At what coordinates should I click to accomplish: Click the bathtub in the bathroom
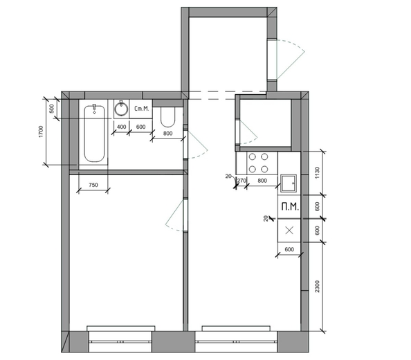(94, 134)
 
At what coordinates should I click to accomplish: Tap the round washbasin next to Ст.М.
(121, 109)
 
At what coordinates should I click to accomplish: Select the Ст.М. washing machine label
(142, 108)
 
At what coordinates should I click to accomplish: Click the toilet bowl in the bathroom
(167, 117)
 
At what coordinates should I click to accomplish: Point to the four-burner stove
(259, 163)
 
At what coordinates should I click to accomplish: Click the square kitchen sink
(289, 183)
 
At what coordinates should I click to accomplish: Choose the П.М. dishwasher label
(290, 207)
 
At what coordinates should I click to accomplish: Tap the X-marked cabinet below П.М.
(289, 231)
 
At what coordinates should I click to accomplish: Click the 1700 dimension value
(40, 132)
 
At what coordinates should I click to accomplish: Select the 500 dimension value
(52, 109)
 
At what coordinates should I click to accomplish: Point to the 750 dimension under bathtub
(93, 185)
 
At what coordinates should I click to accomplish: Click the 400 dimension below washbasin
(121, 127)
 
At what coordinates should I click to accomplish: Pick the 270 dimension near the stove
(241, 181)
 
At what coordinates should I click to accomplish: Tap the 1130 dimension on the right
(317, 173)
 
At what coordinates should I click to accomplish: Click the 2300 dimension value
(317, 287)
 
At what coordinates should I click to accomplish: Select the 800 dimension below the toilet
(167, 133)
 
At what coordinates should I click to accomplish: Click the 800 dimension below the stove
(262, 181)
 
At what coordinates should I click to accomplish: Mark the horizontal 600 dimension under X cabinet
(289, 249)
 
